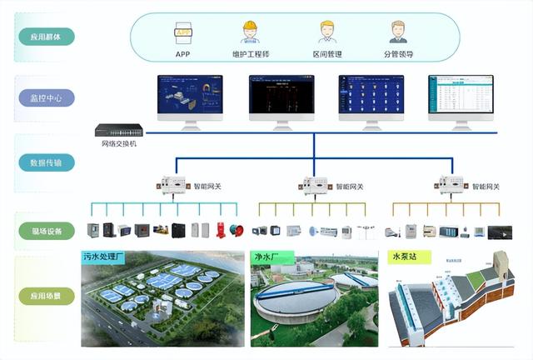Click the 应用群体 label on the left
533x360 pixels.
47,37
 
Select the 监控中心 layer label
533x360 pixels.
47,97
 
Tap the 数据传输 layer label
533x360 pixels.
47,162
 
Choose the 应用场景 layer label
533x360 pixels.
47,294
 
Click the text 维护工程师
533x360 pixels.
250,55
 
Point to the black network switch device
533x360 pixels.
117,131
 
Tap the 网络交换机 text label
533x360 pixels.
117,144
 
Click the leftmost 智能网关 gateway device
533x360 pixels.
175,185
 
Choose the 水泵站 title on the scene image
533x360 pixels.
406,257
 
